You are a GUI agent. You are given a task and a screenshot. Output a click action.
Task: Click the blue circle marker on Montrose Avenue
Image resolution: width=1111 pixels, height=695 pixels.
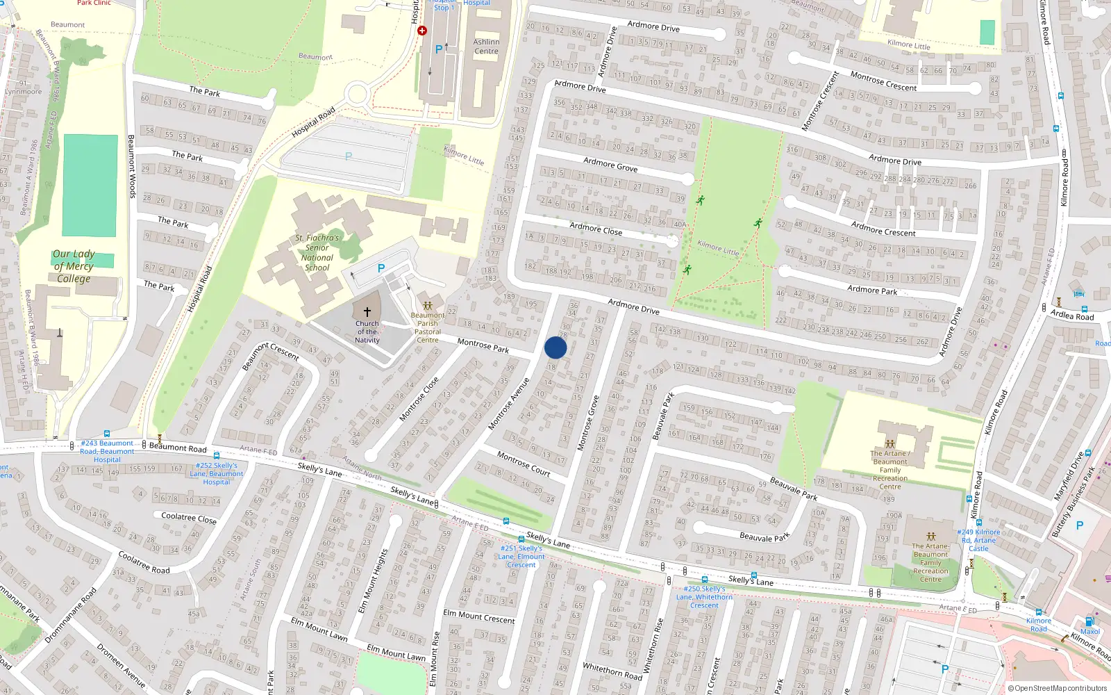coord(555,347)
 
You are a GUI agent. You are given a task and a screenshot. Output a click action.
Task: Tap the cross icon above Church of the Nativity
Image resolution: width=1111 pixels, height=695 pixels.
coord(367,312)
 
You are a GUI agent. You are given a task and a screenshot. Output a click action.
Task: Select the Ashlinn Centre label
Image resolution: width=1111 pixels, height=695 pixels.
coord(486,47)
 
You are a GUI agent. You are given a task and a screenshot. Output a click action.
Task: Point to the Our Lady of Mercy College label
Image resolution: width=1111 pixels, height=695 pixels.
coord(74,266)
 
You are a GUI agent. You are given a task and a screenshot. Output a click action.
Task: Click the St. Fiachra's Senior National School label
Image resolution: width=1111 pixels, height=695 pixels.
coord(317,252)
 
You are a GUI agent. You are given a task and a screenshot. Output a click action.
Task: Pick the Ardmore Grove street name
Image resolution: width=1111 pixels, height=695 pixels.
coord(610,164)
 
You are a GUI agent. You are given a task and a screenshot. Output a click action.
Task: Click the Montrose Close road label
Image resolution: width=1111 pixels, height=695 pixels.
coord(419,400)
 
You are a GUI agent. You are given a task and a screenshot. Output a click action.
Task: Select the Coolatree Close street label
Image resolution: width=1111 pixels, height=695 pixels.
coord(189,518)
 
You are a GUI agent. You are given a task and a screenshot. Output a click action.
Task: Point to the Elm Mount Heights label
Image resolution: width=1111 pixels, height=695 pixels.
coord(373,581)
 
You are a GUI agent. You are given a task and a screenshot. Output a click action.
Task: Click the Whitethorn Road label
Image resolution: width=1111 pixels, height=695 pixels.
coord(612,671)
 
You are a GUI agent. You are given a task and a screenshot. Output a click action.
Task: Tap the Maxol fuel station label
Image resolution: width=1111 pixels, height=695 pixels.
coord(1090,632)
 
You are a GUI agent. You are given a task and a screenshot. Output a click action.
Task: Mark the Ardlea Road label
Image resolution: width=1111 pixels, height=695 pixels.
coord(1072,316)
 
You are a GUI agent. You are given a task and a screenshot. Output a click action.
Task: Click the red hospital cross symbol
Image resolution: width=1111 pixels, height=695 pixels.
coord(422,31)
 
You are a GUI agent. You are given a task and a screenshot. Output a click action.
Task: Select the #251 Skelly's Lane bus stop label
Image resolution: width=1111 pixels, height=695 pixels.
coord(521,556)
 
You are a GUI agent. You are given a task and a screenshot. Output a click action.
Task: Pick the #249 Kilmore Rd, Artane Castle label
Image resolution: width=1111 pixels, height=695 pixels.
coord(978,540)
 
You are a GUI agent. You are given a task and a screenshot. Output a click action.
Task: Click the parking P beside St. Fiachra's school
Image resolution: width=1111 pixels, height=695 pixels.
coord(381,268)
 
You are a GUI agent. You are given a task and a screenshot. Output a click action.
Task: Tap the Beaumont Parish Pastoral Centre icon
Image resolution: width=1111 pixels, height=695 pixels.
coord(428,306)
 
